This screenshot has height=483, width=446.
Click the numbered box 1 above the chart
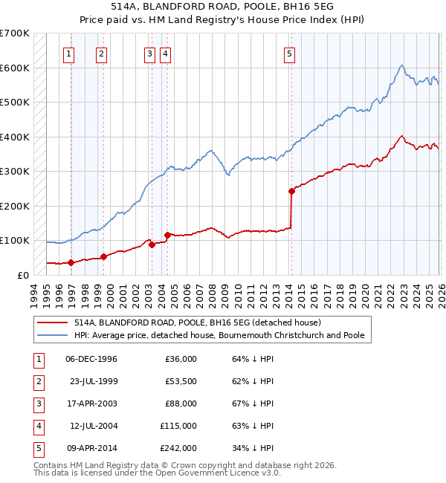click(x=68, y=53)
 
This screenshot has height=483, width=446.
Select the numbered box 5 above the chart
click(x=288, y=53)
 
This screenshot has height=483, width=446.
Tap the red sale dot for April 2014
click(x=291, y=191)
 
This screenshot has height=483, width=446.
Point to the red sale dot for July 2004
click(x=167, y=235)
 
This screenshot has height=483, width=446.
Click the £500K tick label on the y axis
click(x=15, y=102)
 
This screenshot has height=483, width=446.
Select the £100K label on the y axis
click(x=15, y=240)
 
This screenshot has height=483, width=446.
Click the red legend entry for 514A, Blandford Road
click(x=197, y=322)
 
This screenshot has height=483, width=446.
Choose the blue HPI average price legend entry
click(x=219, y=335)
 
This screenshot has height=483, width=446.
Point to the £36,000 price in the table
click(x=181, y=359)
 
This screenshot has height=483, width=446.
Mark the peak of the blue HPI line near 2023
click(x=401, y=66)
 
